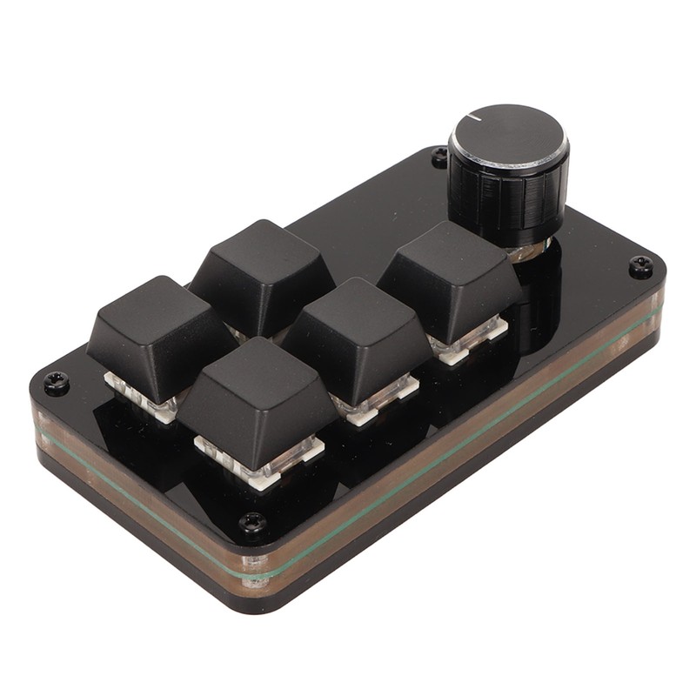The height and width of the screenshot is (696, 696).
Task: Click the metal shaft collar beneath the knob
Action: [527, 251]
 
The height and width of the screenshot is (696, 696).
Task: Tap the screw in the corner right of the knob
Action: [640, 266]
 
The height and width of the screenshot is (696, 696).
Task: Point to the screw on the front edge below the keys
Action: [253, 523]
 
